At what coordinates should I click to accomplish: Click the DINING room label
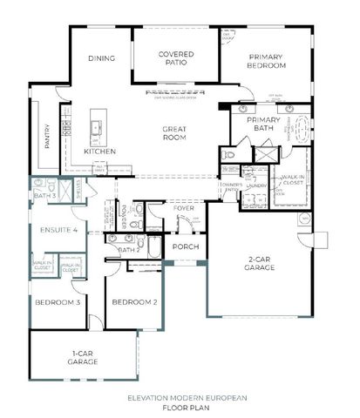pos(101,59)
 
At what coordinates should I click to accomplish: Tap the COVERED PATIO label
pos(175,58)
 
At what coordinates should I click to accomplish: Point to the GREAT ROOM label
pos(175,135)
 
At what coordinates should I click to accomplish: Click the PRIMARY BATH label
pos(258,124)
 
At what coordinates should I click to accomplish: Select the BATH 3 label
pos(45,197)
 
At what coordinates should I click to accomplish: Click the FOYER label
pos(183,209)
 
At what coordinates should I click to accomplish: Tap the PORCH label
pos(186,247)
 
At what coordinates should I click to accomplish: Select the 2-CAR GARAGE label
pos(259,264)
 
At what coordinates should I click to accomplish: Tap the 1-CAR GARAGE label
pos(84,357)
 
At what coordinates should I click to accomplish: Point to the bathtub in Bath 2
pos(151,249)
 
